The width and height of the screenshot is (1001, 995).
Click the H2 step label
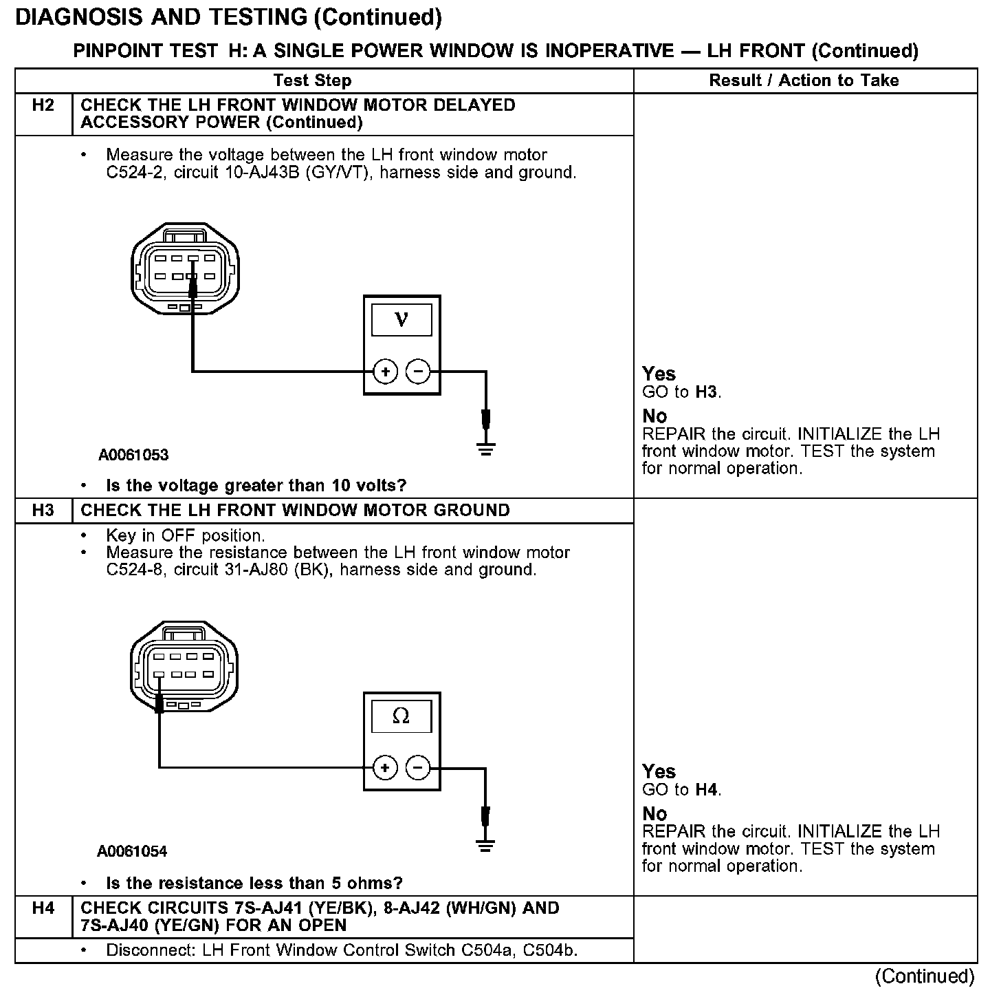point(43,106)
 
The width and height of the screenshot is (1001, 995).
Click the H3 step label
point(43,511)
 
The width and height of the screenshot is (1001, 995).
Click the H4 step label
point(43,908)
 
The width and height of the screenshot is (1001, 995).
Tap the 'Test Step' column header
point(312,81)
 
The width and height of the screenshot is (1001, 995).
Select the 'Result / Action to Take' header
point(804,81)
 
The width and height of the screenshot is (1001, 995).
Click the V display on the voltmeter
point(401,320)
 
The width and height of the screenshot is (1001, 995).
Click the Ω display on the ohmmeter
point(401,717)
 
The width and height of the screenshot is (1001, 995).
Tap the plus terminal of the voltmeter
point(386,372)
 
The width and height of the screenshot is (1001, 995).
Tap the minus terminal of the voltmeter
point(418,372)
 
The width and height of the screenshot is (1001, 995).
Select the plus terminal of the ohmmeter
point(386,768)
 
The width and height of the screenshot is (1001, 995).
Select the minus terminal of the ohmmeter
point(418,768)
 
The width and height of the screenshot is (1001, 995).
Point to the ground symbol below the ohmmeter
point(486,846)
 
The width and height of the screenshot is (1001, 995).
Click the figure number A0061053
point(133,455)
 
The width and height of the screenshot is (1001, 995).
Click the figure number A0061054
point(132,852)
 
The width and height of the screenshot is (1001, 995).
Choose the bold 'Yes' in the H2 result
point(659,374)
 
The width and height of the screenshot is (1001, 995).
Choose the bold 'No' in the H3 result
point(654,814)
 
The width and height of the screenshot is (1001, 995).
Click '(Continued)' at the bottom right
point(924,976)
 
